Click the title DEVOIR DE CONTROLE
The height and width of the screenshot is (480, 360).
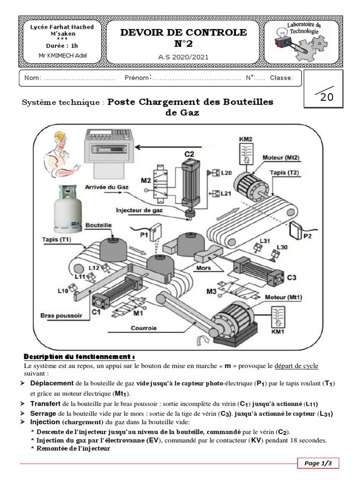184,32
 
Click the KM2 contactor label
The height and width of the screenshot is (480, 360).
245,139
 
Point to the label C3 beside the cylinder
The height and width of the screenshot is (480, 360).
292,277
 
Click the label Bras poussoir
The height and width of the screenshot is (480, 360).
61,316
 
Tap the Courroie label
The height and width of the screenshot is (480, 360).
144,328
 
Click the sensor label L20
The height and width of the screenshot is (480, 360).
226,173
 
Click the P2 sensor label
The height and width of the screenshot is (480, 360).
307,236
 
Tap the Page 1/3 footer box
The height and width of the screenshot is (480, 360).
318,463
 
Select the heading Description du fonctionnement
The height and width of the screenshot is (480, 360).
79,356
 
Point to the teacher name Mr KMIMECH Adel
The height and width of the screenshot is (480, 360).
62,55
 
